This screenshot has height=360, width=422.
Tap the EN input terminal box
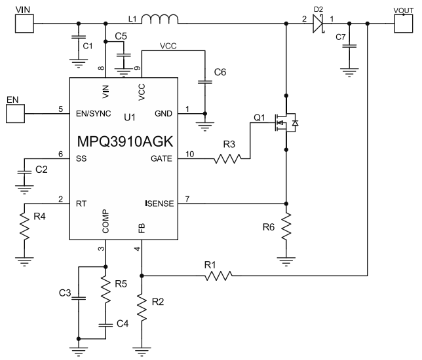[x=14, y=113]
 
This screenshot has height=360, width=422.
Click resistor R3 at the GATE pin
[x=230, y=157]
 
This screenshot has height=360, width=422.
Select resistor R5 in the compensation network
[x=105, y=288]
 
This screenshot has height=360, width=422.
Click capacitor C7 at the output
[x=350, y=46]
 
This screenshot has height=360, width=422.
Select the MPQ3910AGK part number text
[x=124, y=140]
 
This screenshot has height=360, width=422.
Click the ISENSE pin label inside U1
[x=159, y=204]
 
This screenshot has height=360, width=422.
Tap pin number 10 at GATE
[x=190, y=153]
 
